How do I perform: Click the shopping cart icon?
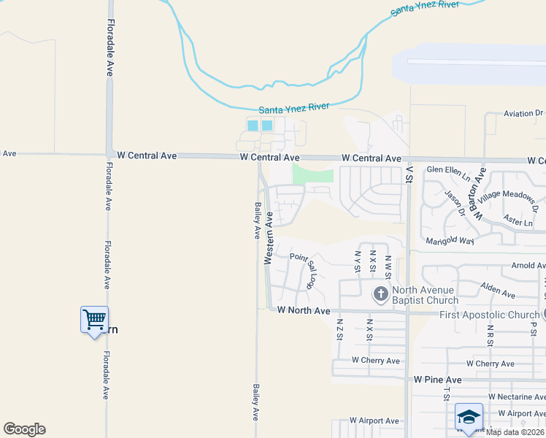(94, 319)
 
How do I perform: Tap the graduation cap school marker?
(469, 416)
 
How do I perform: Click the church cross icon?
(380, 294)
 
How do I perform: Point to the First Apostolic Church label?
(488, 314)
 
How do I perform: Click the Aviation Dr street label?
(524, 113)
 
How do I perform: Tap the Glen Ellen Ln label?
(449, 172)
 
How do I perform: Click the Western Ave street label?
(269, 238)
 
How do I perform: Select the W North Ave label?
(304, 310)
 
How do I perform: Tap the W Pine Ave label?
(437, 380)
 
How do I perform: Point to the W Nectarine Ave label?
(517, 396)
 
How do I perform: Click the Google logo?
(24, 429)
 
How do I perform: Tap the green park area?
(312, 174)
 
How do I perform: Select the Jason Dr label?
(455, 203)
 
